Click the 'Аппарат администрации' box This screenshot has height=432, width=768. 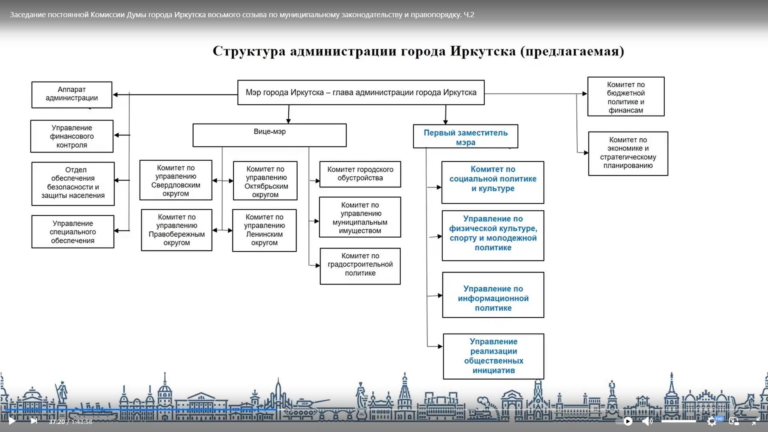pyautogui.click(x=72, y=94)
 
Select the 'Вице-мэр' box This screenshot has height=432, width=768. pyautogui.click(x=269, y=135)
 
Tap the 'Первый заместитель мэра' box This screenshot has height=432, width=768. pyautogui.click(x=465, y=137)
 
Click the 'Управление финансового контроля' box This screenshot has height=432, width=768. pyautogui.click(x=72, y=136)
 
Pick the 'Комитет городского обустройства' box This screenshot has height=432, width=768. pyautogui.click(x=360, y=174)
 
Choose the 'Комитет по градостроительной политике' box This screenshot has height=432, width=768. pyautogui.click(x=360, y=266)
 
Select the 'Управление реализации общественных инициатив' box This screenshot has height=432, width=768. pyautogui.click(x=493, y=356)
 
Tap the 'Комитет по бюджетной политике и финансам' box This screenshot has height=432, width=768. pyautogui.click(x=626, y=97)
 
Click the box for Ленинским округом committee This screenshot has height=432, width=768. pyautogui.click(x=264, y=230)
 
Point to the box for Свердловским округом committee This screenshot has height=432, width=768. pyautogui.click(x=176, y=180)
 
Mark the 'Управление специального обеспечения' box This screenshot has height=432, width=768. pyautogui.click(x=73, y=232)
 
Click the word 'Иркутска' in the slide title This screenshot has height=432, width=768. pyautogui.click(x=483, y=52)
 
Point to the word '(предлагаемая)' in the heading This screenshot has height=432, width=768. pyautogui.click(x=572, y=52)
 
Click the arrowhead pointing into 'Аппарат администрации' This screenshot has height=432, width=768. pyautogui.click(x=116, y=95)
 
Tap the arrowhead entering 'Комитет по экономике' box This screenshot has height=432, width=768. pyautogui.click(x=586, y=153)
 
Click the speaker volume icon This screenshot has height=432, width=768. pyautogui.click(x=647, y=421)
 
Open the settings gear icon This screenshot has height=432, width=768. pyautogui.click(x=712, y=421)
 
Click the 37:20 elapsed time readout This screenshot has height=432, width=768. pyautogui.click(x=57, y=422)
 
